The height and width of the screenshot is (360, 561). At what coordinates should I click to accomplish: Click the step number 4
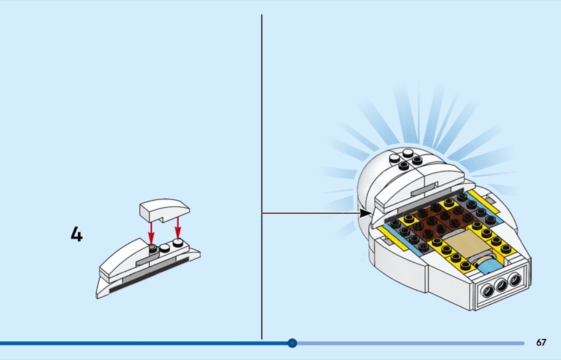76,234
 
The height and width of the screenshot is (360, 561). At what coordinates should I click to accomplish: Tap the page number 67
541,342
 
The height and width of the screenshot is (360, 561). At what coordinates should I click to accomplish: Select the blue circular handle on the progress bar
292,343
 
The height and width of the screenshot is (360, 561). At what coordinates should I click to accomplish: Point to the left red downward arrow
151,233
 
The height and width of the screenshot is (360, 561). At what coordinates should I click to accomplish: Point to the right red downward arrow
178,228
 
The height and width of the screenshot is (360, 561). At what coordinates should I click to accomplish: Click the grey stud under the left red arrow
153,248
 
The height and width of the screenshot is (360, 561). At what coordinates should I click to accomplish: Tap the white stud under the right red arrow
178,243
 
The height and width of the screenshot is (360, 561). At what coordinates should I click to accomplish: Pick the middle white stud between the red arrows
165,247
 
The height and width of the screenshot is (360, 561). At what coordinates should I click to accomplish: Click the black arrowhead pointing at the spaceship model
365,213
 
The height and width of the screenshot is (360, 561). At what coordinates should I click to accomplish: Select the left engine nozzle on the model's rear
488,290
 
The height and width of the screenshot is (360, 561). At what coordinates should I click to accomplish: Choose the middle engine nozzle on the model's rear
501,285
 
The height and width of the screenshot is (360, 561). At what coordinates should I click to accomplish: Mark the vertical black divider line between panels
262,177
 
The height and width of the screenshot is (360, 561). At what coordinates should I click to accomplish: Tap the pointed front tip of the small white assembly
97,296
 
